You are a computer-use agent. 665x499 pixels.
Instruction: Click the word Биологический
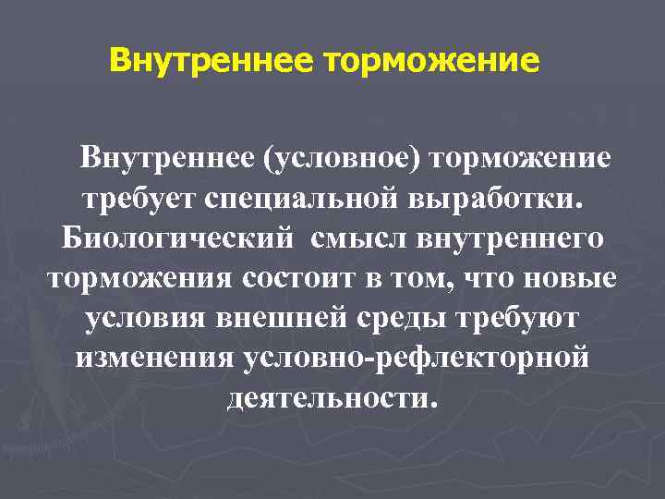(178, 237)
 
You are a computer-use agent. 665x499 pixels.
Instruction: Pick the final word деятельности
(329, 397)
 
